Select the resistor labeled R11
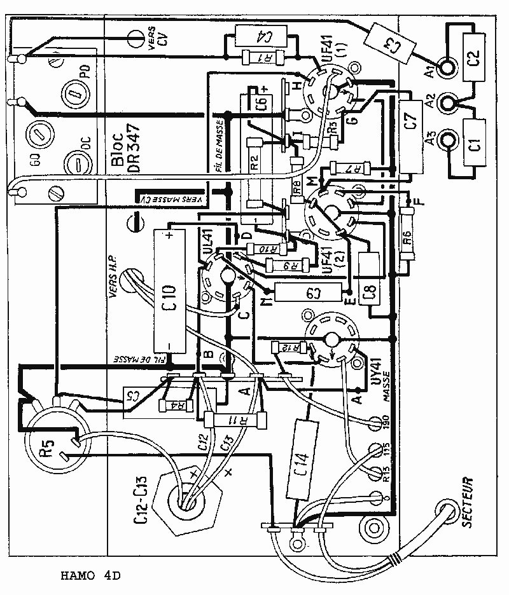(234, 420)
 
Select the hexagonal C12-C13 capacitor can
(186, 503)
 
